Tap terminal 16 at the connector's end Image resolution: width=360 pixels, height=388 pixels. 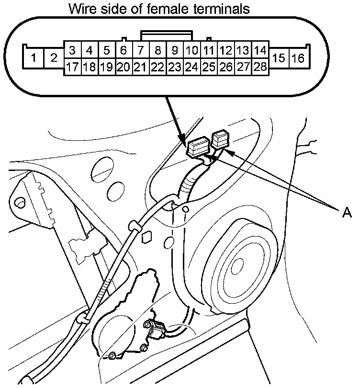[298, 58]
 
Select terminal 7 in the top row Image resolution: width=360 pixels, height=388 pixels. [140, 50]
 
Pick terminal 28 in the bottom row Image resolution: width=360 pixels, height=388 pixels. [260, 67]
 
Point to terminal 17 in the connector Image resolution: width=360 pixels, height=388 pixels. [72, 67]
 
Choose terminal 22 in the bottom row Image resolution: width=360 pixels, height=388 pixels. [157, 67]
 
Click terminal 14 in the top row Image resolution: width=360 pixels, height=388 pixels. [260, 50]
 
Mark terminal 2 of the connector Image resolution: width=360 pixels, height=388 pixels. [54, 58]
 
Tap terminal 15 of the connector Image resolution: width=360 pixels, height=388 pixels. [279, 58]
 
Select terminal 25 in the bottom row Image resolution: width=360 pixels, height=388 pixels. [209, 67]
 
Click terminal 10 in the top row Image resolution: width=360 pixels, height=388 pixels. [191, 50]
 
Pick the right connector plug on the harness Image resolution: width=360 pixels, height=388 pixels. [220, 140]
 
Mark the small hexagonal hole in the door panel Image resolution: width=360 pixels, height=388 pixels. [147, 236]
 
